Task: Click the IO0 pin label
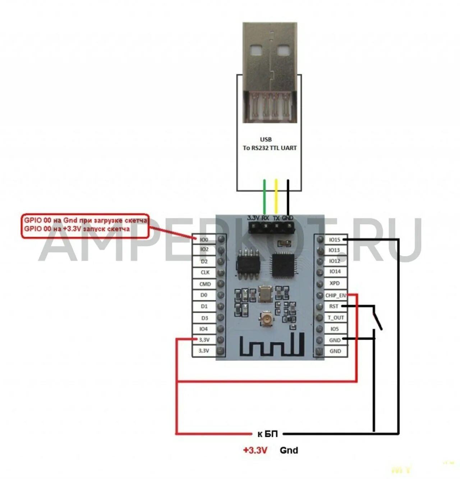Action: click(x=204, y=239)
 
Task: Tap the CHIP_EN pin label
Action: click(x=335, y=295)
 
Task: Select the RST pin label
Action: click(x=333, y=306)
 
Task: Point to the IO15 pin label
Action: click(x=334, y=240)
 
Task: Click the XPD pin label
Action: click(x=334, y=283)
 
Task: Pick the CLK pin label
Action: click(x=205, y=272)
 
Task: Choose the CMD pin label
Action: click(x=205, y=284)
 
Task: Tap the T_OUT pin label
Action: click(x=335, y=318)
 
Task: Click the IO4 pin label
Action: click(x=203, y=329)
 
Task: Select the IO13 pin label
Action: click(x=334, y=250)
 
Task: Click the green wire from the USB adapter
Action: click(x=265, y=196)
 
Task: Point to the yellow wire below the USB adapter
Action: click(x=276, y=196)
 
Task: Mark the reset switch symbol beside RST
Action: click(x=377, y=318)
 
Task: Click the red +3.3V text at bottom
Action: click(x=255, y=450)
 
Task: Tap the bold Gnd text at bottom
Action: click(x=289, y=450)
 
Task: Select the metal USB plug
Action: click(x=270, y=72)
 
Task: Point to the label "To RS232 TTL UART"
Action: click(x=270, y=148)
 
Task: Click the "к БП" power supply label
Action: click(x=268, y=434)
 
